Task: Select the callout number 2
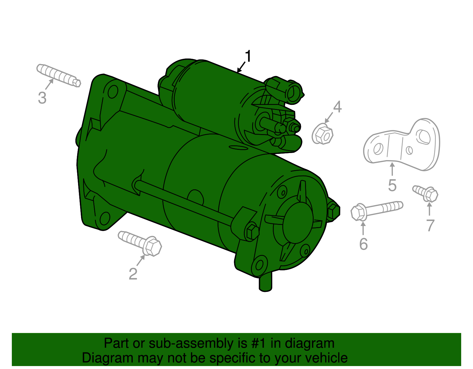pyautogui.click(x=133, y=274)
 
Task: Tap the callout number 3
pyautogui.click(x=42, y=98)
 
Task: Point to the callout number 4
pyautogui.click(x=337, y=107)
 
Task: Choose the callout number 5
pyautogui.click(x=392, y=185)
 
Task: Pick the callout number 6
pyautogui.click(x=363, y=244)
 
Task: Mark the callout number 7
pyautogui.click(x=430, y=225)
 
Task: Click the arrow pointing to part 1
pyautogui.click(x=241, y=67)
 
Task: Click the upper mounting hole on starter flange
pyautogui.click(x=113, y=92)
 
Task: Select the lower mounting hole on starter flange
pyautogui.click(x=104, y=218)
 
